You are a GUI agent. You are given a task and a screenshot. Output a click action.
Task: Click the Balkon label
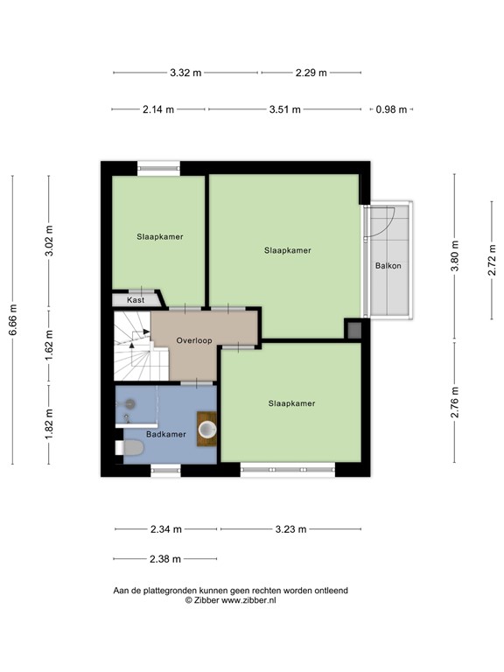pos(388,266)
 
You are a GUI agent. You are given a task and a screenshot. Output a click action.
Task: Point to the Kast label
pos(135,300)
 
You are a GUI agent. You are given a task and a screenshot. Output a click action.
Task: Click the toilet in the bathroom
pos(130,449)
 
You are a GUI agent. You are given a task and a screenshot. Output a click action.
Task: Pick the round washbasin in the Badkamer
pos(207,429)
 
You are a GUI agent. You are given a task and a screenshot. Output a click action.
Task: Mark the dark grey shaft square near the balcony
pos(353,330)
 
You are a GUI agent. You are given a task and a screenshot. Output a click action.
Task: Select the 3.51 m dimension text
pos(284,110)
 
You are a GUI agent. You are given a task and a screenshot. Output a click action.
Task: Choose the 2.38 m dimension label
pos(164,559)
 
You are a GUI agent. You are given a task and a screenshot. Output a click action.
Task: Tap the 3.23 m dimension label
pos(290,529)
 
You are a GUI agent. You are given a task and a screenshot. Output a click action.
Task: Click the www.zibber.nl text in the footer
pos(248,601)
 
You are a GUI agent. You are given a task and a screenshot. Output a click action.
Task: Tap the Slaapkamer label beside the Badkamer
pos(290,403)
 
